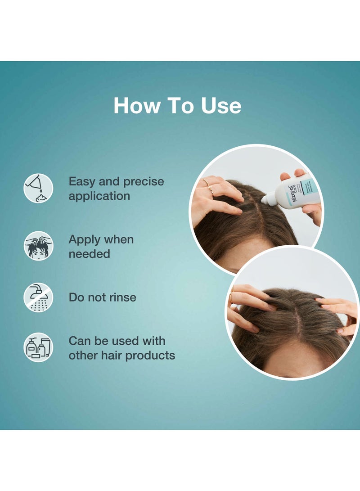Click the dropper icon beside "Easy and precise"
click(x=38, y=188)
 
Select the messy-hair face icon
click(x=38, y=246)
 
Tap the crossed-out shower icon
click(x=38, y=297)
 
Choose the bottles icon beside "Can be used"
click(x=38, y=347)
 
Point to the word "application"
click(x=99, y=196)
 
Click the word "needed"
click(x=89, y=254)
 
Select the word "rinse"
click(x=121, y=297)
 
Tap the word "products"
click(x=150, y=355)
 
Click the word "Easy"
click(x=82, y=182)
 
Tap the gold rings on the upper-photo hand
click(x=208, y=185)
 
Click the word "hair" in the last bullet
click(x=110, y=355)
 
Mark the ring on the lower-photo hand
click(x=232, y=297)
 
